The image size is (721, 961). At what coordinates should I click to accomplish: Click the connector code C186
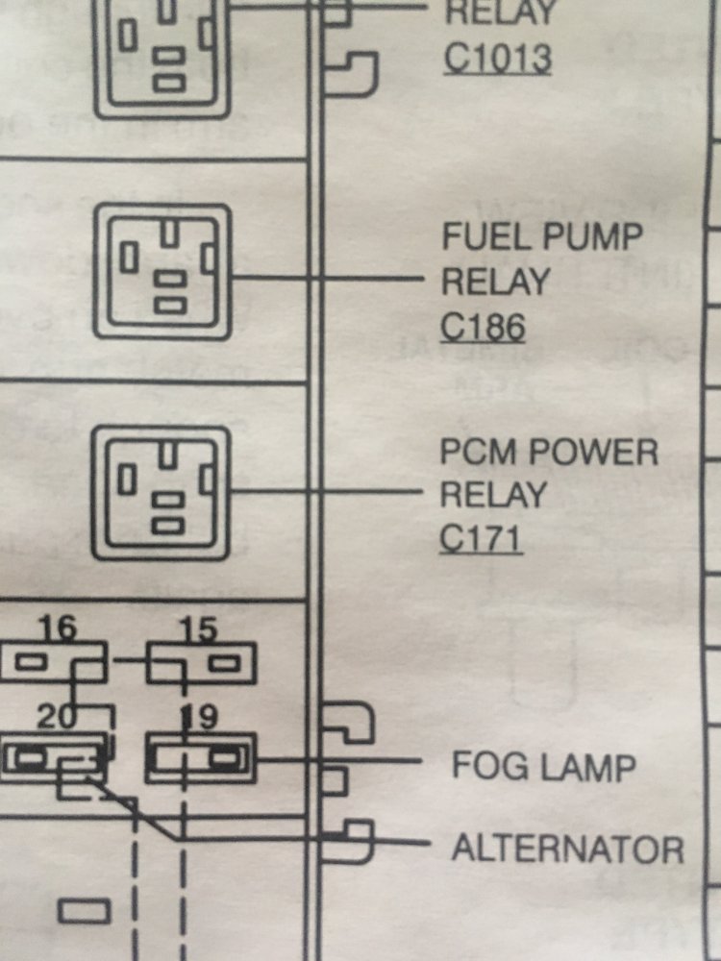click(484, 329)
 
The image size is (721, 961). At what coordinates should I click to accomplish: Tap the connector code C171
click(481, 539)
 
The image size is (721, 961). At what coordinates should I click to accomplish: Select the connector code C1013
click(497, 60)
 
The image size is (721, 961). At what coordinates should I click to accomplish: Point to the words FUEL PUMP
click(542, 236)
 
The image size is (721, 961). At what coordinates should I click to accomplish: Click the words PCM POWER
click(549, 452)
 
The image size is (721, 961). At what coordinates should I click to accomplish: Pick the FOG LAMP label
click(544, 767)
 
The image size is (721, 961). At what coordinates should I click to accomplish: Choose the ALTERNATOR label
click(567, 849)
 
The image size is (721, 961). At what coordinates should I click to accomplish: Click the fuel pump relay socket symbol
click(162, 271)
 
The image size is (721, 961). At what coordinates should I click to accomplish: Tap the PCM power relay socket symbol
click(162, 493)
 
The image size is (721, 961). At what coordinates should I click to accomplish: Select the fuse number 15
click(199, 630)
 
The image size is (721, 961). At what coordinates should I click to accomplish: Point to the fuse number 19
click(199, 717)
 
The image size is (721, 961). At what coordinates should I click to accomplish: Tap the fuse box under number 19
click(200, 759)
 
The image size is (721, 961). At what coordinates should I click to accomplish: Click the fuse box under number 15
click(200, 663)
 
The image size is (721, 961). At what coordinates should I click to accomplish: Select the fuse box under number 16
click(53, 663)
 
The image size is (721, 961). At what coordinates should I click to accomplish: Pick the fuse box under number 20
click(53, 759)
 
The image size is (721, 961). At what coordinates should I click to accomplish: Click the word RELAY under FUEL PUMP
click(495, 283)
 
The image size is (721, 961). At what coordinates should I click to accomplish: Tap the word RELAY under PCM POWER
click(493, 495)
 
